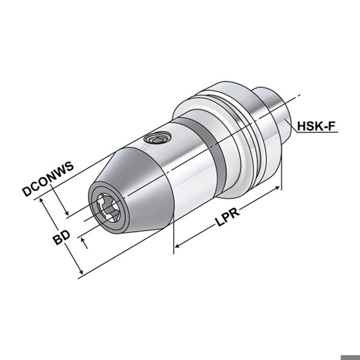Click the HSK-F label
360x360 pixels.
click(x=316, y=126)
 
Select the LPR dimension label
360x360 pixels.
click(x=228, y=216)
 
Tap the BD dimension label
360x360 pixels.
click(x=62, y=237)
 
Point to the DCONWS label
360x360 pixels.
click(x=48, y=179)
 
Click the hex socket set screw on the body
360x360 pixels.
click(x=157, y=138)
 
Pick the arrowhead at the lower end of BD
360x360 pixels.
click(x=81, y=271)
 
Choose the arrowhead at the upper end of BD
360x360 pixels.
click(x=41, y=200)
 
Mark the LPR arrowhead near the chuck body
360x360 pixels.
click(x=177, y=246)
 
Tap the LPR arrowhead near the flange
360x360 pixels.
click(x=277, y=188)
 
